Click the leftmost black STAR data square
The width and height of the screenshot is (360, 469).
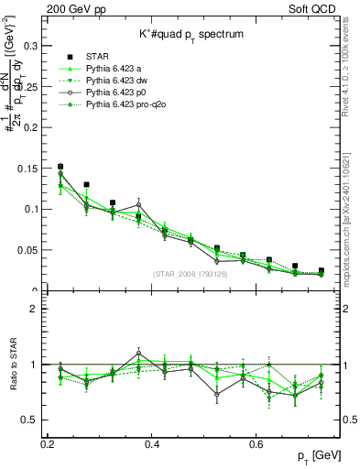(x=60, y=167)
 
